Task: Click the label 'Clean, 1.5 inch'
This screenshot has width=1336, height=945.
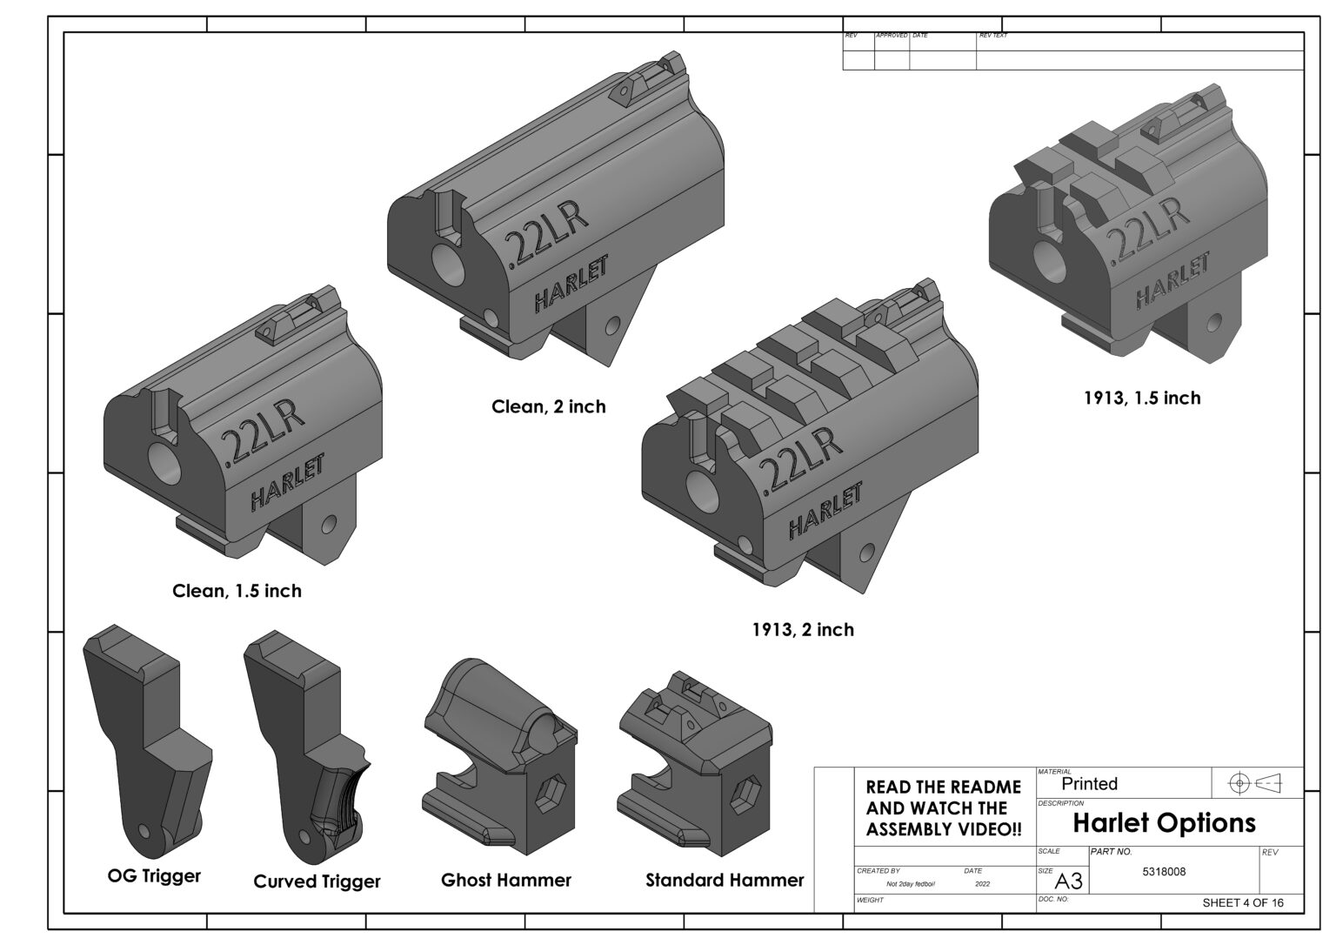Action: [x=237, y=591]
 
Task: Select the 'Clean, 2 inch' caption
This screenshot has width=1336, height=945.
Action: [x=548, y=406]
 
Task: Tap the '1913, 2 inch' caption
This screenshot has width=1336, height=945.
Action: [x=802, y=629]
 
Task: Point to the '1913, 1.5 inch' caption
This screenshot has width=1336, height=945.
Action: [x=1141, y=398]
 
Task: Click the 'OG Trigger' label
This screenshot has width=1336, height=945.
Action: [x=154, y=875]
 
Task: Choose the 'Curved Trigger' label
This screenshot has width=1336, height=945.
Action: [x=317, y=881]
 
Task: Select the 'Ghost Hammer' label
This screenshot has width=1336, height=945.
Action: [x=505, y=880]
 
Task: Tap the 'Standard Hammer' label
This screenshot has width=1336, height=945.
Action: [x=724, y=880]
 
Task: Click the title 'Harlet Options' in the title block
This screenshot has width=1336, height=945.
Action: [x=1164, y=822]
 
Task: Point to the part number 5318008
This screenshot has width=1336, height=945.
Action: [x=1164, y=872]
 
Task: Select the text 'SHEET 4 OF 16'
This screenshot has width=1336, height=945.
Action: [x=1242, y=902]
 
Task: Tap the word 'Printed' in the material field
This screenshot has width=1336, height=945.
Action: [x=1089, y=784]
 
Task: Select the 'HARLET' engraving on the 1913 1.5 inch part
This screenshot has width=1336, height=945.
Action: [x=1172, y=280]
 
